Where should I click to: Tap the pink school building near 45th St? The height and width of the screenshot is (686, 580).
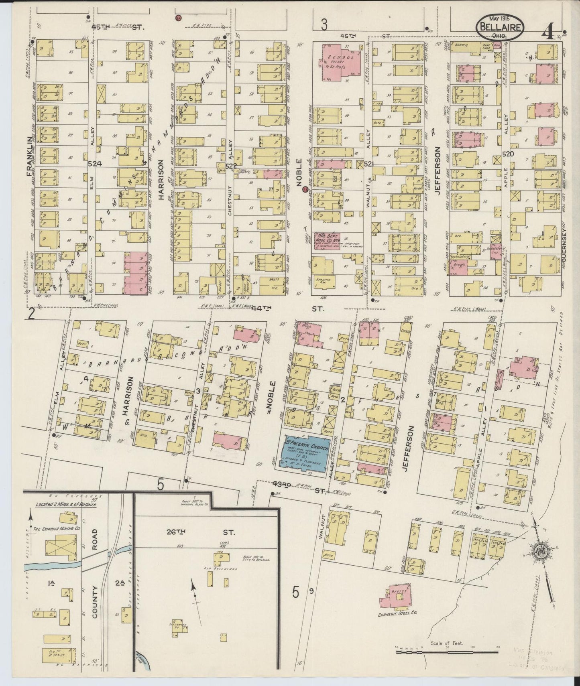342,63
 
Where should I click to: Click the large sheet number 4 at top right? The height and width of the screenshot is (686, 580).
547,33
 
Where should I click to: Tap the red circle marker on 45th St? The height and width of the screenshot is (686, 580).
178,18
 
